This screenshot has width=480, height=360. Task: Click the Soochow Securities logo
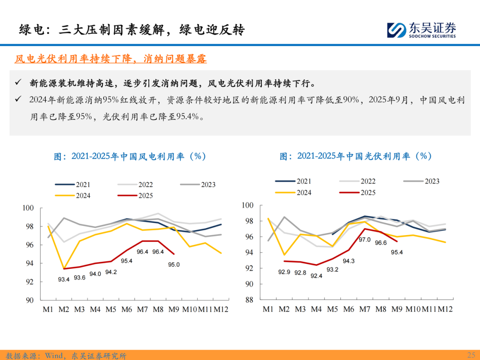(421, 29)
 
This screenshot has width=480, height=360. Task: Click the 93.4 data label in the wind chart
(64, 279)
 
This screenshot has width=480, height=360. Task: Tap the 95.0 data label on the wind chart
(174, 264)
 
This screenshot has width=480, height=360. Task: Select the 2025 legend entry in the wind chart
(135, 196)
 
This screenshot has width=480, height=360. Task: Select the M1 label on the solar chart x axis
(268, 309)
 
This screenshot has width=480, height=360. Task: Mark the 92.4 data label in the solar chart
(316, 276)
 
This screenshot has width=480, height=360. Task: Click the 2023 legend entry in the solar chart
(422, 181)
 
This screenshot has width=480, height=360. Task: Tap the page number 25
(471, 355)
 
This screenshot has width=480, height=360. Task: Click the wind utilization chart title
(130, 156)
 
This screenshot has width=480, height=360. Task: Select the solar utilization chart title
(356, 156)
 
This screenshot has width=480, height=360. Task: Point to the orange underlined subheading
(111, 59)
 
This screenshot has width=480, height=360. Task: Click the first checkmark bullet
(18, 83)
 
